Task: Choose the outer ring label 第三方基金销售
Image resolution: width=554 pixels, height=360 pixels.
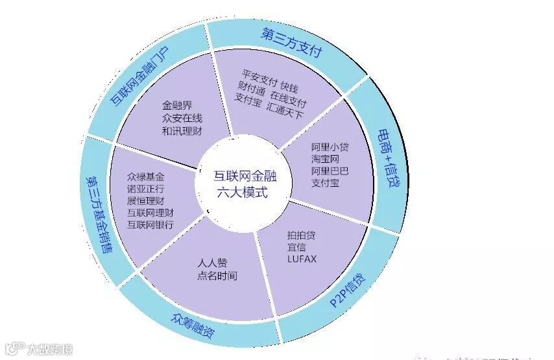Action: pos(98,215)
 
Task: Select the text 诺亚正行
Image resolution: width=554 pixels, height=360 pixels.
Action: pos(145,189)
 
